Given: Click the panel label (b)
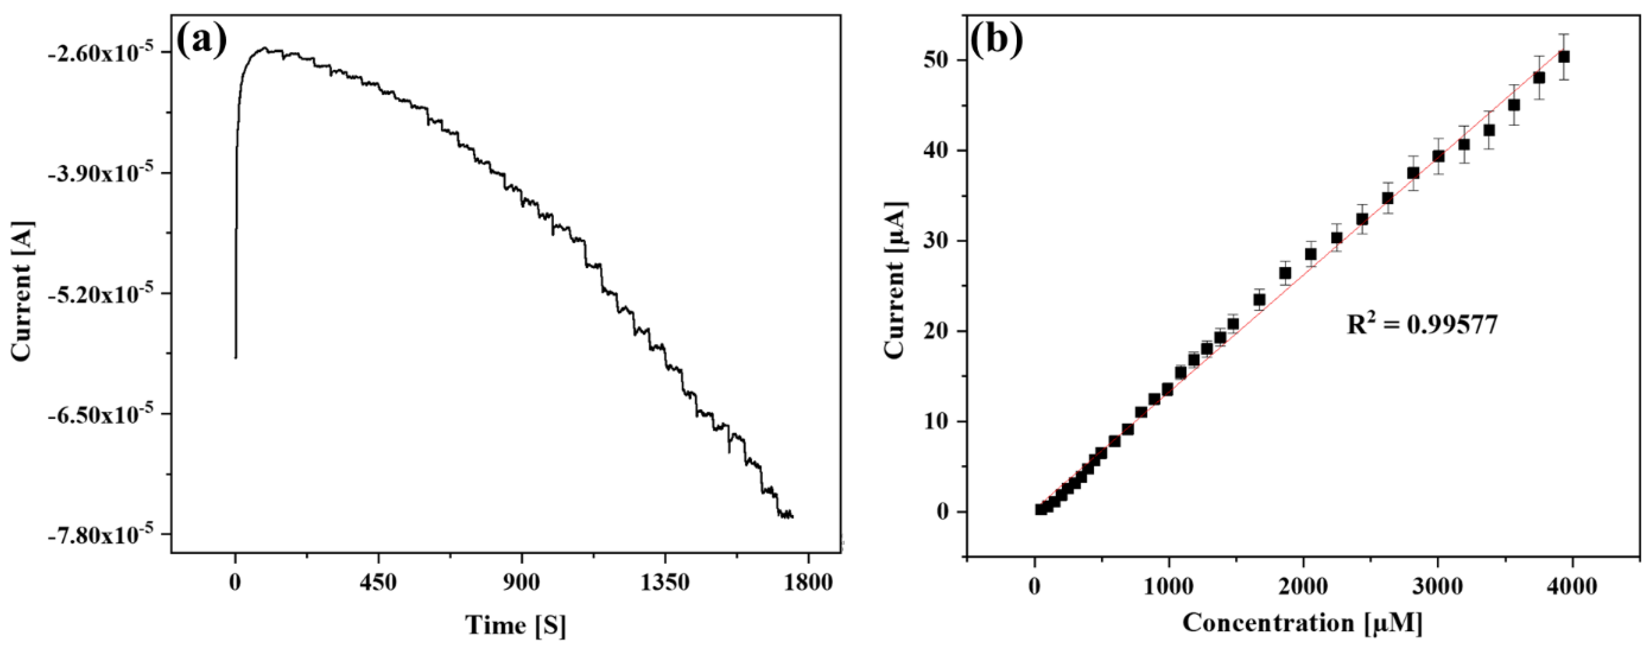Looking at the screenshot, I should click(x=996, y=40).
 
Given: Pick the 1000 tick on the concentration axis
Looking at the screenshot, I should click(x=1168, y=584).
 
